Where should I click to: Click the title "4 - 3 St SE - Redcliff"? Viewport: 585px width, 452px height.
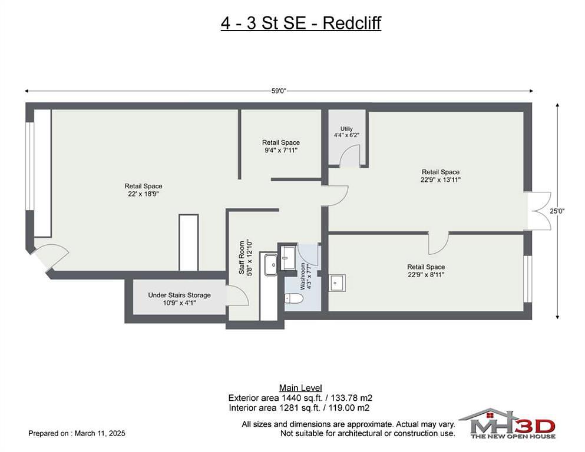coord(300,23)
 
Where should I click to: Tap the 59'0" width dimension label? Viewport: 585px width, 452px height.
coord(279,91)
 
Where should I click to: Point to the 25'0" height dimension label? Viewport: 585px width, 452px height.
coord(557,211)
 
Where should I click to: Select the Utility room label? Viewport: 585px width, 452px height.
coord(346,132)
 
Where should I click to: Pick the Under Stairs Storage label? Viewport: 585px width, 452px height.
coord(180,299)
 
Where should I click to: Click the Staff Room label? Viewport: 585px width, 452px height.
coord(246,258)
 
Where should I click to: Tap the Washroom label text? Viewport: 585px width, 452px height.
coord(306,276)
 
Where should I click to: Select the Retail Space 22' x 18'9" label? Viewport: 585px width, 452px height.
coord(143,190)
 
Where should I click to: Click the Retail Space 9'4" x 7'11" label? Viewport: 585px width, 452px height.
coord(281,146)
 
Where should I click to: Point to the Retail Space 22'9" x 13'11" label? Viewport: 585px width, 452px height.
coord(441,175)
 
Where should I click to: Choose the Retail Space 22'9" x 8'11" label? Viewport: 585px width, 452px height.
coord(426,271)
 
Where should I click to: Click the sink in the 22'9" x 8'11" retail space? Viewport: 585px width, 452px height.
coord(337,283)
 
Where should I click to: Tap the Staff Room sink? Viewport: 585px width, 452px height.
coord(271,265)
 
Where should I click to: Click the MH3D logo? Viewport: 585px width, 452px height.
coord(507,424)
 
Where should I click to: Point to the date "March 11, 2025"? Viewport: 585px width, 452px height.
coord(100,433)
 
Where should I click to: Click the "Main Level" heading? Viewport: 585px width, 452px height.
coord(300,388)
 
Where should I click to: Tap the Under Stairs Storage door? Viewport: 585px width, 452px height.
coord(237,295)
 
